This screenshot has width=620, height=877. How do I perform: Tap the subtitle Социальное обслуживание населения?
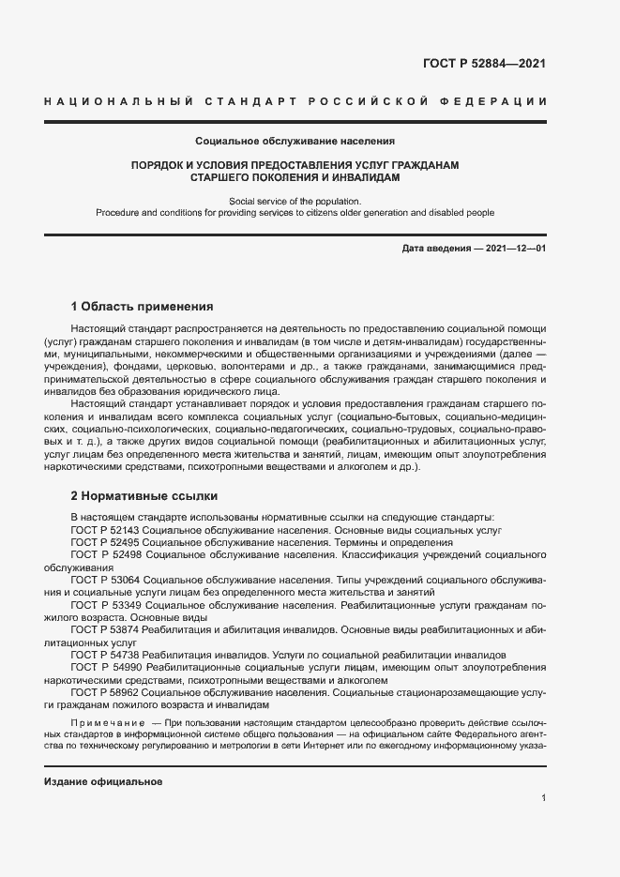pyautogui.click(x=295, y=141)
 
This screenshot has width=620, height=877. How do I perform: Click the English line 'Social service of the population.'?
pyautogui.click(x=295, y=201)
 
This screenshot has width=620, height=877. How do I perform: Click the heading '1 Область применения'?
pyautogui.click(x=143, y=307)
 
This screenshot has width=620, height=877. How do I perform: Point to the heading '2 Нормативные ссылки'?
pyautogui.click(x=144, y=495)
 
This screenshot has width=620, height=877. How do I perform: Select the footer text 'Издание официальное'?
pyautogui.click(x=103, y=781)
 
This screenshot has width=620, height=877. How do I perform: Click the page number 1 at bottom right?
pyautogui.click(x=543, y=798)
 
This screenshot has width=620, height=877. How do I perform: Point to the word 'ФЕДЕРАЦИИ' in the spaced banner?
pyautogui.click(x=501, y=100)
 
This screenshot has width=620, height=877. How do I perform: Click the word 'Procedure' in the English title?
pyautogui.click(x=117, y=213)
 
